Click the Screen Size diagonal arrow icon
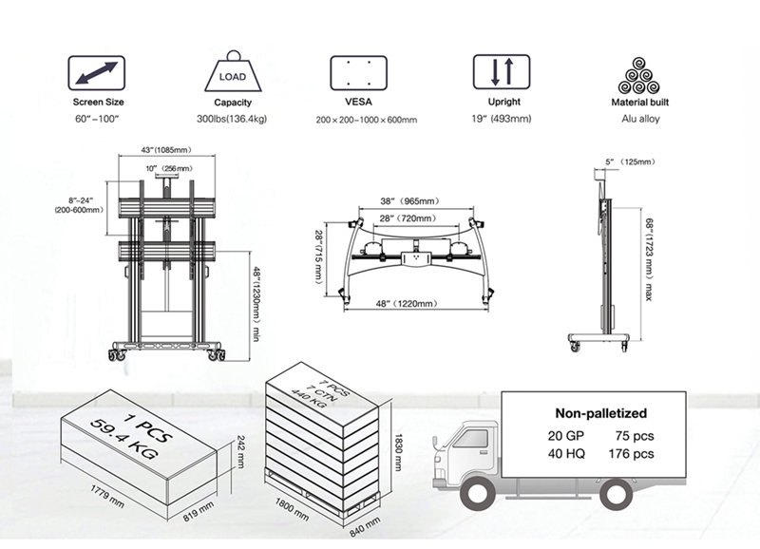95,72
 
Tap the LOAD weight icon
232,72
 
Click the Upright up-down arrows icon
503,72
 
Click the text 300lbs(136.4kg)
233,119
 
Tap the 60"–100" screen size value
95,119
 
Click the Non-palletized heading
600,413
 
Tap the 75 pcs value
636,436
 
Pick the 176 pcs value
633,454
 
